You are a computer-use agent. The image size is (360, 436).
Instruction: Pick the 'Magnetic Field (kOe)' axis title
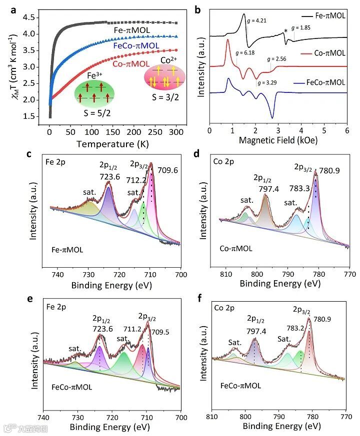(x=278, y=141)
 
